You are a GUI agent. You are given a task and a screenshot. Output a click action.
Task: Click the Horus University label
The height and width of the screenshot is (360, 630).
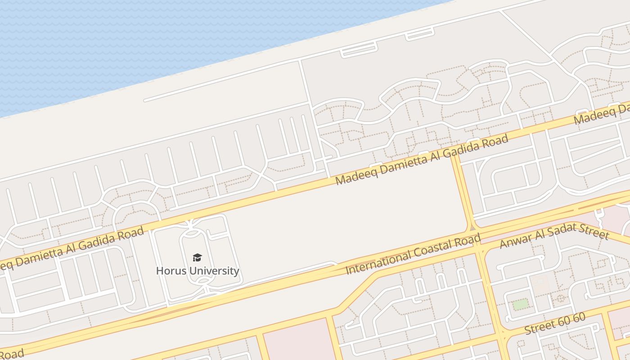tap(197, 270)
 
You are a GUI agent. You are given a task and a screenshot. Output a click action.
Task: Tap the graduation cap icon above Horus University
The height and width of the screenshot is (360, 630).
tap(197, 257)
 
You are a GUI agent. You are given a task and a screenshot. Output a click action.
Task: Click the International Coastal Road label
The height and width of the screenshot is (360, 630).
tap(413, 254)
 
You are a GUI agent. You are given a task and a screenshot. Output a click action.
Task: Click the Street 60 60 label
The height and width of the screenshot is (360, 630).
tap(555, 324)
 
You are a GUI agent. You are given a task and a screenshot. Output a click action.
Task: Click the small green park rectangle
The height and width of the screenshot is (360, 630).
tap(521, 304)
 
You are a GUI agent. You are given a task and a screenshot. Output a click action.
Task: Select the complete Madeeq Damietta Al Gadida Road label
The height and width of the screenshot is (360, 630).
tap(422, 159)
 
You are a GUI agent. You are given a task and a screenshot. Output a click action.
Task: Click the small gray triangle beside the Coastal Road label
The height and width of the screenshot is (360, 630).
tap(472, 228)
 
